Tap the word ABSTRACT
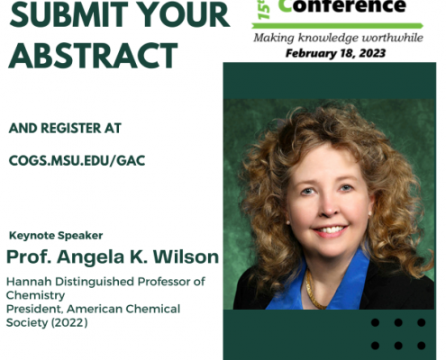tap(93, 55)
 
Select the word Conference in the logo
tap(342, 6)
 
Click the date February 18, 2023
tap(335, 53)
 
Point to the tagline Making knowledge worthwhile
tap(338, 38)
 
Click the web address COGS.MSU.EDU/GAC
tap(77, 160)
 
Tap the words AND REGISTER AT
tap(65, 128)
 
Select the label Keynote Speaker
tap(56, 235)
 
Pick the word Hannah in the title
tap(29, 282)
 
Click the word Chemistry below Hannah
tap(35, 295)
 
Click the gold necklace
tap(314, 291)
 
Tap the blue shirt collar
tap(323, 285)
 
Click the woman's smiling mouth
tap(330, 230)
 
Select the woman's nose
tap(328, 207)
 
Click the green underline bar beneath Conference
tap(337, 26)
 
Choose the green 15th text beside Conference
tap(264, 9)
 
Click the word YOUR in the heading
tap(186, 14)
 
